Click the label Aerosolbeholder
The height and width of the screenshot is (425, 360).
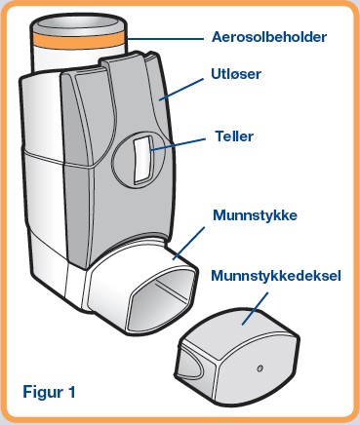pyautogui.click(x=269, y=37)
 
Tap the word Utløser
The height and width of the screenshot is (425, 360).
pyautogui.click(x=236, y=74)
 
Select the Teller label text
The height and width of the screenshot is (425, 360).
pyautogui.click(x=234, y=136)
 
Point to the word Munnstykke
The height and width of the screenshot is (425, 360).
pyautogui.click(x=255, y=215)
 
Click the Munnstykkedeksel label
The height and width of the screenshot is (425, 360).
pyautogui.click(x=276, y=276)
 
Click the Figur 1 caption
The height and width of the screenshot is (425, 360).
pyautogui.click(x=49, y=392)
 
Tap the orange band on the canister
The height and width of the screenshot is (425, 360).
pyautogui.click(x=78, y=40)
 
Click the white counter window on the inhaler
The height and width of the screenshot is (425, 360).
pyautogui.click(x=142, y=159)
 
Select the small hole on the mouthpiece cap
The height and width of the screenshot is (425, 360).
pyautogui.click(x=260, y=368)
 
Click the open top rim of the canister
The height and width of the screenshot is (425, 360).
pyautogui.click(x=78, y=23)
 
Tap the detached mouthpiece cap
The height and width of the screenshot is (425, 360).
pyautogui.click(x=237, y=355)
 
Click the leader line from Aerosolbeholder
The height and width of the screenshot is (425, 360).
pyautogui.click(x=165, y=39)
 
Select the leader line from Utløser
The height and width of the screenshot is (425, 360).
pyautogui.click(x=180, y=89)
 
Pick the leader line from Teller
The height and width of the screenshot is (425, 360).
pyautogui.click(x=178, y=144)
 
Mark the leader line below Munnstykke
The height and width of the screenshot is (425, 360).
pyautogui.click(x=188, y=244)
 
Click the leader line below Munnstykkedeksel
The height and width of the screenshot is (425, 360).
pyautogui.click(x=255, y=308)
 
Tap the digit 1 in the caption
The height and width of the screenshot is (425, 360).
pyautogui.click(x=71, y=392)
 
